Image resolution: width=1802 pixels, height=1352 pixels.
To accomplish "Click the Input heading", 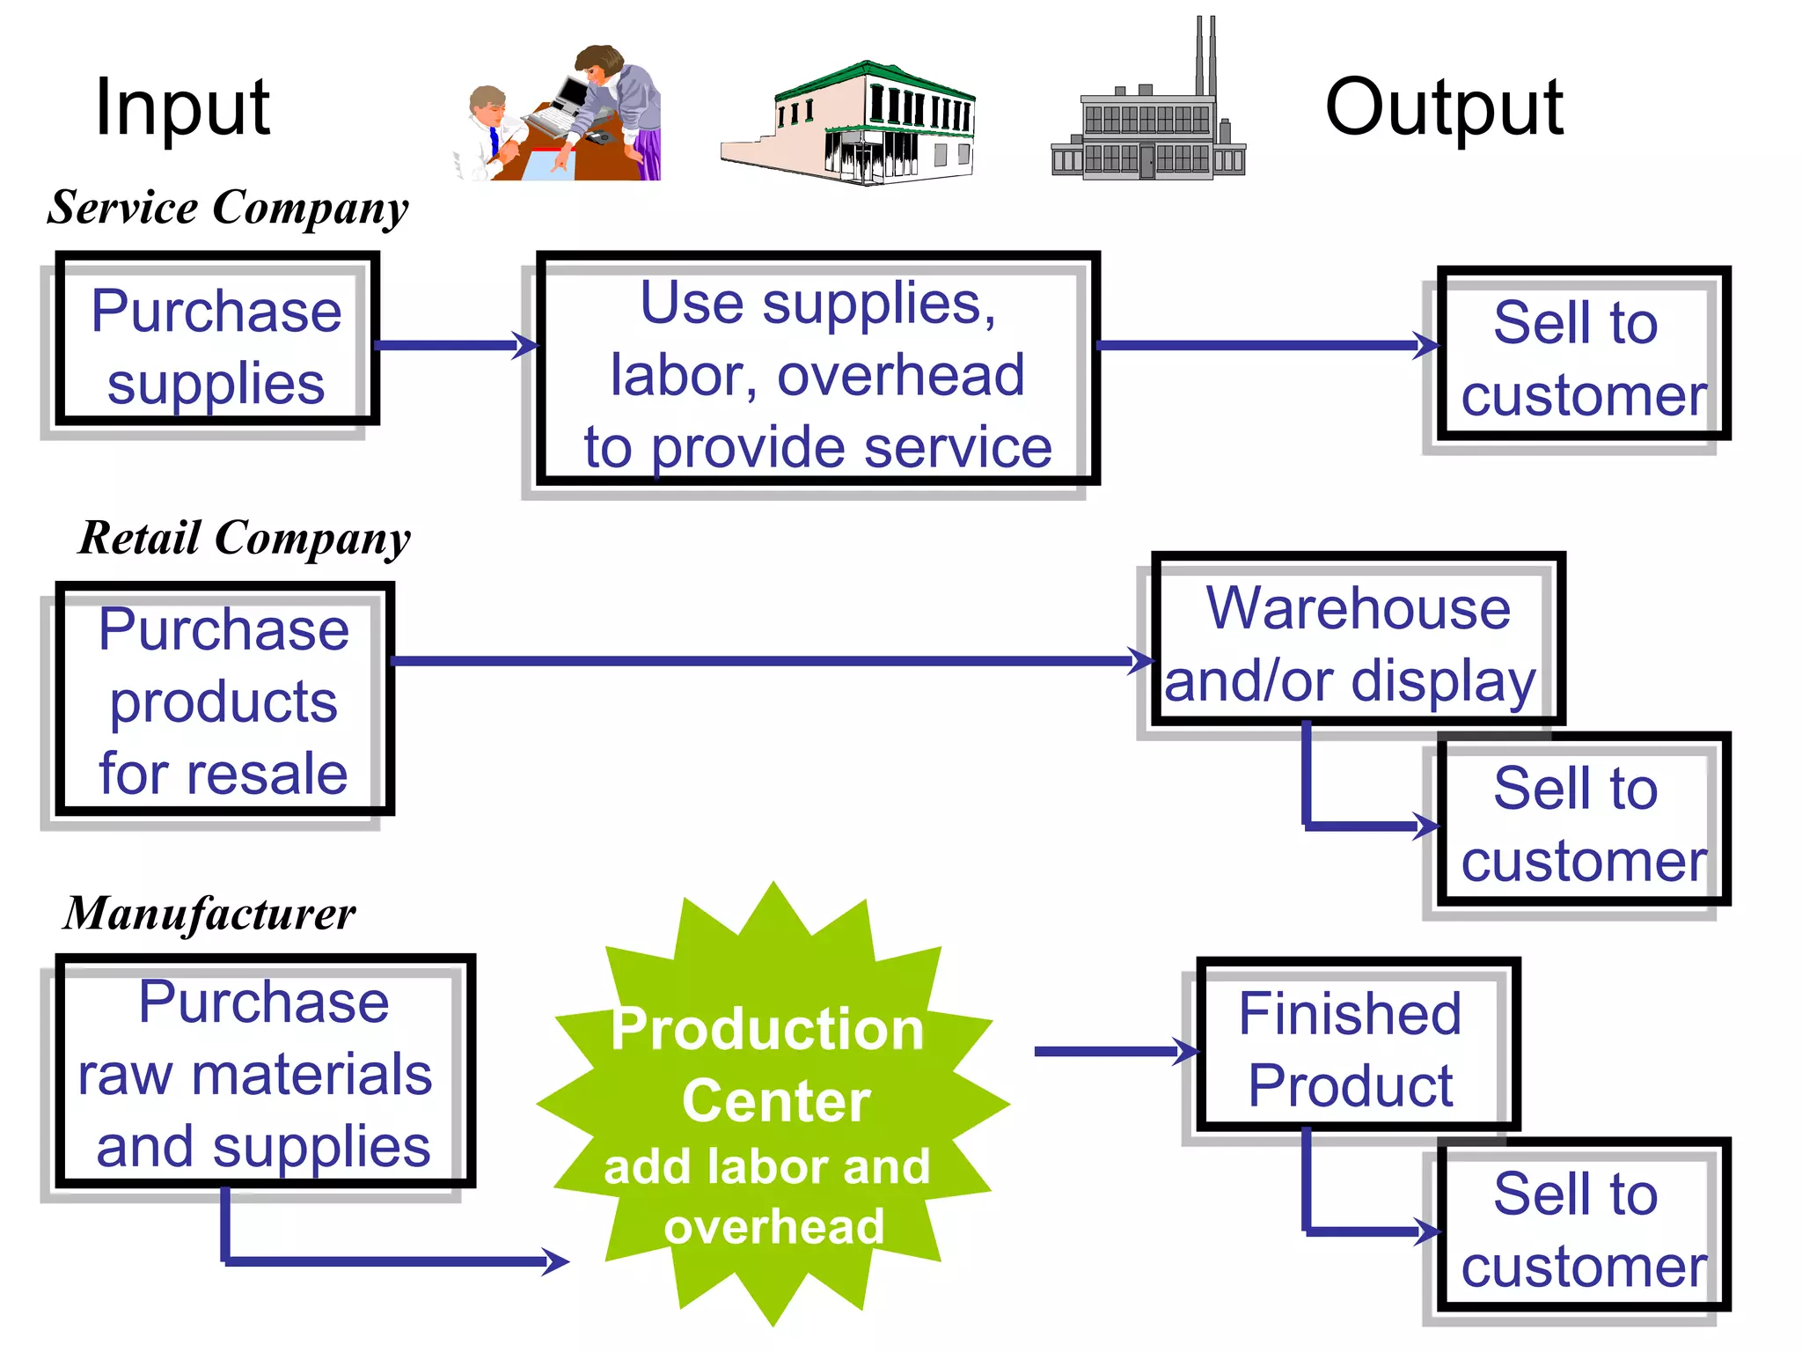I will click(182, 107).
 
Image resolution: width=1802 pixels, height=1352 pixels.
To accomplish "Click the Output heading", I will click(1444, 107).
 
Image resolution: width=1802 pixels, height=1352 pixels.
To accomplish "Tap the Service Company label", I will click(228, 208).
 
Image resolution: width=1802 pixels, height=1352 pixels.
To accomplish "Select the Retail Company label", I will click(245, 538).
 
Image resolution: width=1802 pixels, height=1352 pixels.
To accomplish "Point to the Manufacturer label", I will click(209, 913).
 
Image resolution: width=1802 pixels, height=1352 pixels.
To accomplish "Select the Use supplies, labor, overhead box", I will click(817, 374).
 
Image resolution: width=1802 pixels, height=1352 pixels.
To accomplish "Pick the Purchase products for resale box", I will click(223, 701).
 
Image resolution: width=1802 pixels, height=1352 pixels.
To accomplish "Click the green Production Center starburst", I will click(772, 1109).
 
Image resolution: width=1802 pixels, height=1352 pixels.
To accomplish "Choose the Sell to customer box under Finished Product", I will click(1582, 1228).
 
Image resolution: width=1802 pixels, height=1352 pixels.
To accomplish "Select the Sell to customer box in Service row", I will click(1582, 356).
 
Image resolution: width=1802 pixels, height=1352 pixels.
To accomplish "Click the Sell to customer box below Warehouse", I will click(1582, 822).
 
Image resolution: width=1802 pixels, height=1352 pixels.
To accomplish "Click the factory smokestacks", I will click(1205, 57).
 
